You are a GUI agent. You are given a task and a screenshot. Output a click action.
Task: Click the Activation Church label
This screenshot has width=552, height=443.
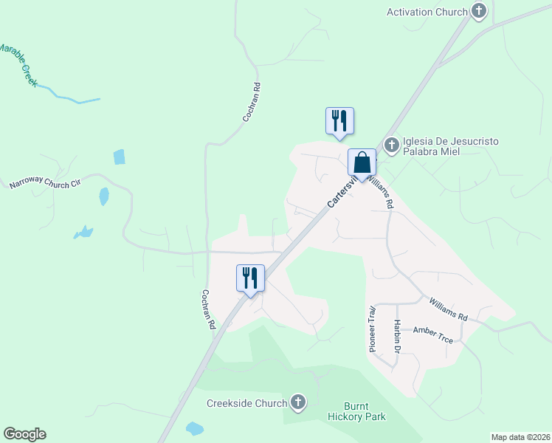coord(427,12)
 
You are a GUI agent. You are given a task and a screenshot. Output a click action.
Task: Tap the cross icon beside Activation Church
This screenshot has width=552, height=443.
coord(479,11)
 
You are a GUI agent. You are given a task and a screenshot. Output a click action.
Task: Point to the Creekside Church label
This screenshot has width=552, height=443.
coord(246,403)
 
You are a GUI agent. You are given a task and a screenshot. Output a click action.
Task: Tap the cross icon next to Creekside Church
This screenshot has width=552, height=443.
coord(297,402)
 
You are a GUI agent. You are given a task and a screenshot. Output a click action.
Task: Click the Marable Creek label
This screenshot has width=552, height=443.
coord(16,65)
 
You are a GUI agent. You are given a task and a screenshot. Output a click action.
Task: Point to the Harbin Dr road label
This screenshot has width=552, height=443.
coord(397,336)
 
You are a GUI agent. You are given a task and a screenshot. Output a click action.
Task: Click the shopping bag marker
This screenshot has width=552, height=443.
coord(362,163)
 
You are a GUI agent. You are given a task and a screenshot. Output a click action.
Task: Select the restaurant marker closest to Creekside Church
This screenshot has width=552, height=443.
coord(250,278)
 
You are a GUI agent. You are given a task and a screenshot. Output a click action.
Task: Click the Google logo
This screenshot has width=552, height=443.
coord(24,434)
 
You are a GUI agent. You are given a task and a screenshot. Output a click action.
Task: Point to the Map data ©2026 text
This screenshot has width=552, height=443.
coord(520,436)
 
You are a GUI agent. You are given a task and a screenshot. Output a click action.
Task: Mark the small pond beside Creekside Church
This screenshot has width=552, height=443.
coord(194,429)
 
